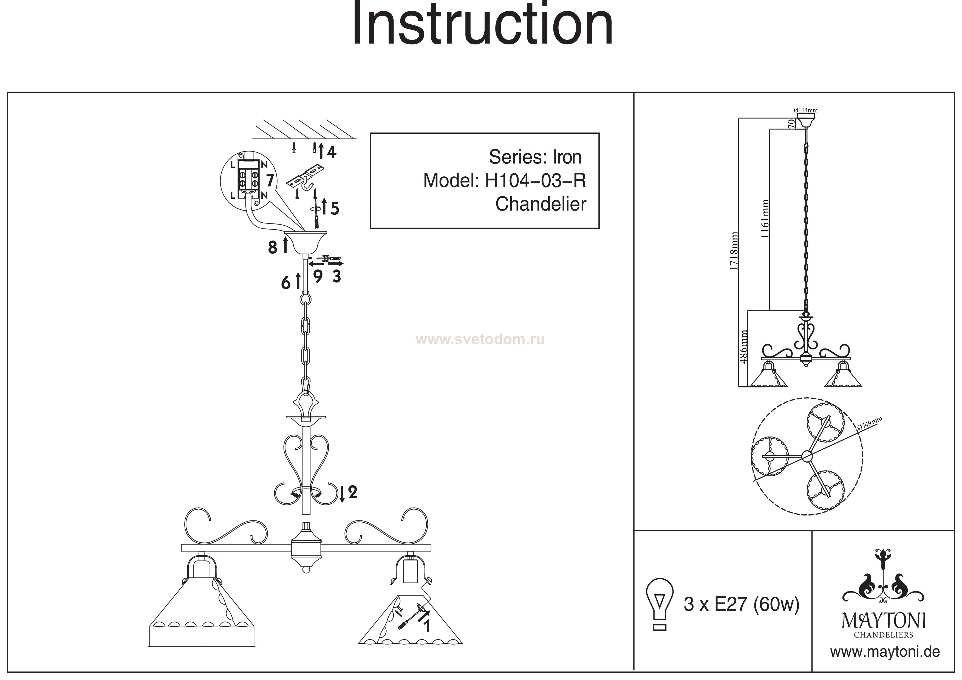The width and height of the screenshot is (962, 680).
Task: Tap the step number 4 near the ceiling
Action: click(332, 152)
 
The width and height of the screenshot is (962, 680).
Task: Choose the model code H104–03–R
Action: click(535, 181)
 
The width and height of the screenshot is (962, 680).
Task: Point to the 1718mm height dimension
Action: click(734, 251)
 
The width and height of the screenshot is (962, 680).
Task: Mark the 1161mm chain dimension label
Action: click(765, 219)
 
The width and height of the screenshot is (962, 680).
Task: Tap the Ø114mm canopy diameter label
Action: click(805, 110)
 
